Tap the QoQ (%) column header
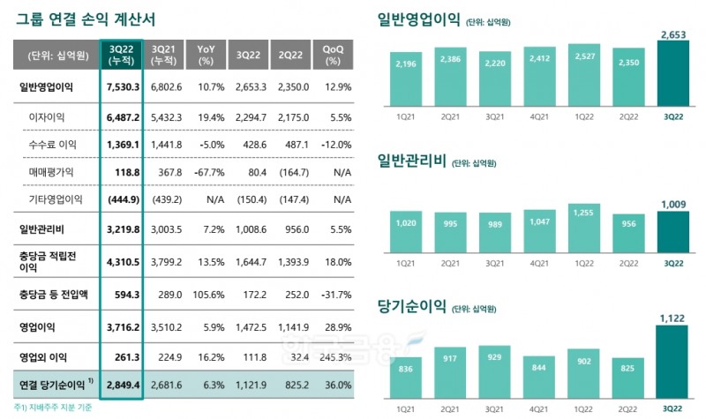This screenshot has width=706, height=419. click(333, 56)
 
